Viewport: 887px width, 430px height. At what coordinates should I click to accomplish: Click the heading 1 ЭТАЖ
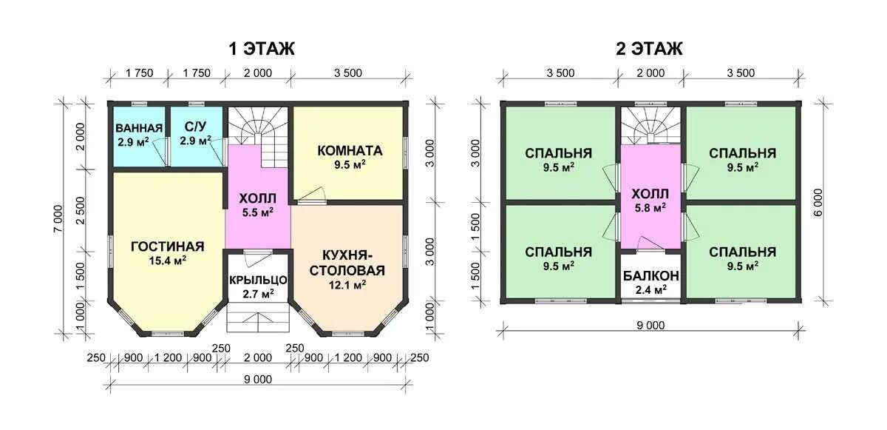262,49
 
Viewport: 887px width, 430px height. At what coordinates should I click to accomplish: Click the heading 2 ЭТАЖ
649,49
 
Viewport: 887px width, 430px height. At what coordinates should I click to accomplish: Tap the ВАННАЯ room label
139,128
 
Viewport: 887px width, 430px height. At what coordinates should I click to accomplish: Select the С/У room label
196,127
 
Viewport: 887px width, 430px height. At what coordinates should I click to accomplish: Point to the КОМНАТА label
350,150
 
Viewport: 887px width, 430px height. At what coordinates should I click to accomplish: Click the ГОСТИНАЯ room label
168,246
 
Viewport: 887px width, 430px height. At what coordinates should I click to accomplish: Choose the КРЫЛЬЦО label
258,280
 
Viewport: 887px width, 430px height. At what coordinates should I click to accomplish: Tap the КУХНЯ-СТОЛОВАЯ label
347,262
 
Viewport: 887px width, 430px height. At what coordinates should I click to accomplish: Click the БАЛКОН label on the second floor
651,275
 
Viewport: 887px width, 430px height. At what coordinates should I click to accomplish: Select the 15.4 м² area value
168,261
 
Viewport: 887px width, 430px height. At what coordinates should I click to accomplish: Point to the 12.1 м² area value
347,284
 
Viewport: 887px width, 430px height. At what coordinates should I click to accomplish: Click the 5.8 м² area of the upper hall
650,208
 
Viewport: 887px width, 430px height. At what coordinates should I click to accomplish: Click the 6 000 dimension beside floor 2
818,203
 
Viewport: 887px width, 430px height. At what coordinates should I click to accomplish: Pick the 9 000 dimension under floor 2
650,326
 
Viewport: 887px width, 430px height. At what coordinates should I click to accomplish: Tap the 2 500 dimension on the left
81,210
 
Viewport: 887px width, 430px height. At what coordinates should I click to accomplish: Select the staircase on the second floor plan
650,125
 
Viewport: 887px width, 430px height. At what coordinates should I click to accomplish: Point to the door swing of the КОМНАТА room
312,194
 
